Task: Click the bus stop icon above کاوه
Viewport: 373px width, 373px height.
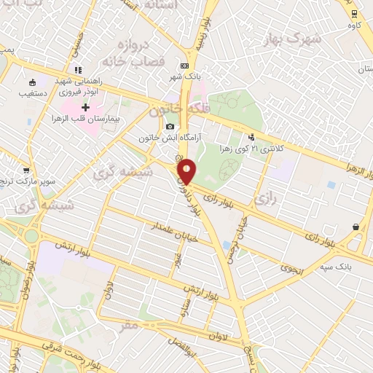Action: (354, 13)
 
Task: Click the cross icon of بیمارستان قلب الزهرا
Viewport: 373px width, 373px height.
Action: (86, 107)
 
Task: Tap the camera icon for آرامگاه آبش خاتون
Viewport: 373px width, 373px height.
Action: (170, 127)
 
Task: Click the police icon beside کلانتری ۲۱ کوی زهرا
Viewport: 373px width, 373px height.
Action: (252, 136)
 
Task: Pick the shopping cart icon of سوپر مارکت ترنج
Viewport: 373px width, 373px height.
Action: (26, 170)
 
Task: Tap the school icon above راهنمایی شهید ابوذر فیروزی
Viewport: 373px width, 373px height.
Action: (77, 70)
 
